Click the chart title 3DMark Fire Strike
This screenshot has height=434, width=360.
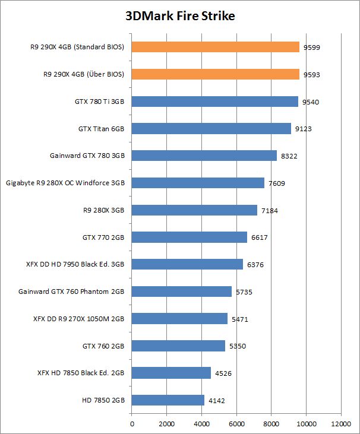click(180, 16)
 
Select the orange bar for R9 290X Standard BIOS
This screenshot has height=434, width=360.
click(215, 47)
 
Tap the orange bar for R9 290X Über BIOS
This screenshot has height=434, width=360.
click(215, 74)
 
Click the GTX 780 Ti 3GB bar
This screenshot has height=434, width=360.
click(214, 102)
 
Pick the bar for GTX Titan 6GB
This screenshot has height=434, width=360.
click(211, 128)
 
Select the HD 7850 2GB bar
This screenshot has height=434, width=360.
click(168, 400)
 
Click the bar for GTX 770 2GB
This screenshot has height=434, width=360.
click(189, 237)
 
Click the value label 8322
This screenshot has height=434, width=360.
click(289, 156)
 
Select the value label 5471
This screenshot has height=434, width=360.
click(239, 319)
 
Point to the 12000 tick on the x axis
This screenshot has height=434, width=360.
click(340, 425)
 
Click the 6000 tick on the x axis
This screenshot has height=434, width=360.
click(236, 425)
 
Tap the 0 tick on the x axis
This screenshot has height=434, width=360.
click(132, 425)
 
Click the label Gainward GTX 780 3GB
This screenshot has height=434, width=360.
click(87, 156)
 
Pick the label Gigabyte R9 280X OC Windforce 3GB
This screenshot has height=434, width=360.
click(65, 183)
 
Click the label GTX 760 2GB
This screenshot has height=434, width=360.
click(103, 346)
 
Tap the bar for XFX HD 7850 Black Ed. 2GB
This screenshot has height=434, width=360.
click(171, 373)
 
